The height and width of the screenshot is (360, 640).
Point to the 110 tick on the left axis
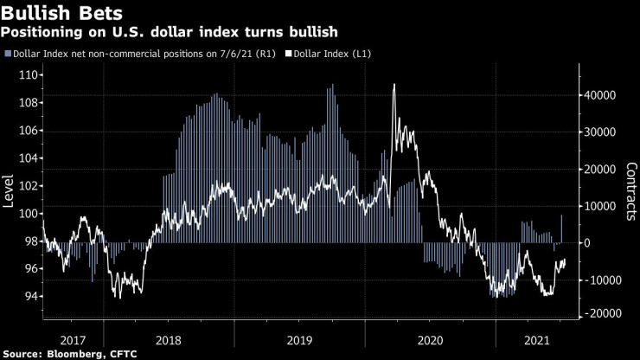[25, 75]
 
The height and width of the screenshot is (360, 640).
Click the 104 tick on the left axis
[25, 158]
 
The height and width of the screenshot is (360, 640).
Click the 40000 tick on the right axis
[597, 95]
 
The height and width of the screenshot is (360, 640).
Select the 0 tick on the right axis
[585, 243]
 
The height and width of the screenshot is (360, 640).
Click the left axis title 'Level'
[9, 191]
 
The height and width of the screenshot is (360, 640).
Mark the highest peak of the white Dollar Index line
[394, 85]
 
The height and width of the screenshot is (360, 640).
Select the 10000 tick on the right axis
[597, 206]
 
